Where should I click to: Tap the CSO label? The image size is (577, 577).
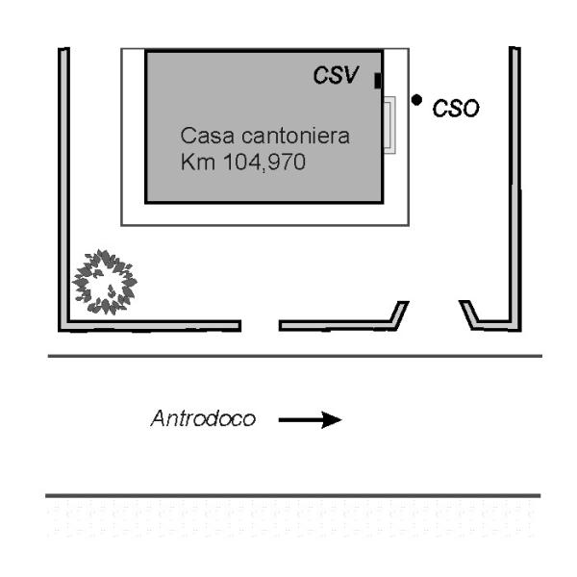point(455,110)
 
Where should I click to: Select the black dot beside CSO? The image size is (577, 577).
point(416,99)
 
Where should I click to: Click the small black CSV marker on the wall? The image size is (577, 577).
point(378,80)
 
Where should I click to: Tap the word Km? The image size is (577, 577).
point(194,163)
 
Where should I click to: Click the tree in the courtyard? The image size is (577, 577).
point(105,282)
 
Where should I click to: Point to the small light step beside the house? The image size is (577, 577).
point(389,124)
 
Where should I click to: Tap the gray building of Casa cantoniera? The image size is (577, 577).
point(263,183)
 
